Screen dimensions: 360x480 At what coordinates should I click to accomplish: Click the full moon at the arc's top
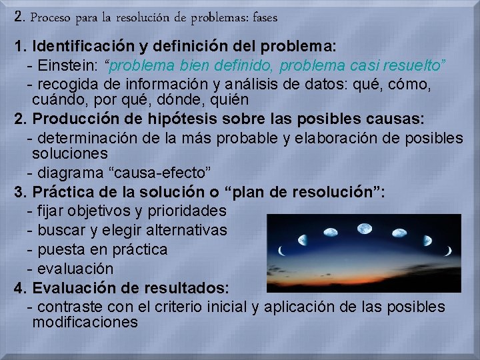pyautogui.click(x=365, y=227)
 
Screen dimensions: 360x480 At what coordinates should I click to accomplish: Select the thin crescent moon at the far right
pyautogui.click(x=449, y=251)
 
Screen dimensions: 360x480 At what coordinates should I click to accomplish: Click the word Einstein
pyautogui.click(x=65, y=66)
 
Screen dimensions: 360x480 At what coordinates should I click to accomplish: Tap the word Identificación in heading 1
pyautogui.click(x=83, y=47)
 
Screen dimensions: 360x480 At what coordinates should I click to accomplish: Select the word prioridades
pyautogui.click(x=189, y=211)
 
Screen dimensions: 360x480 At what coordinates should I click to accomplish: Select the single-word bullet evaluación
pyautogui.click(x=76, y=269)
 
